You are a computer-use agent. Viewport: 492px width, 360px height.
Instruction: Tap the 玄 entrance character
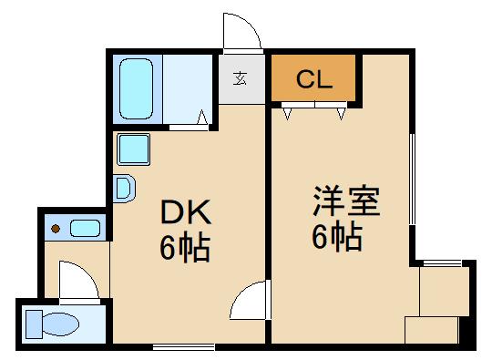[241, 78]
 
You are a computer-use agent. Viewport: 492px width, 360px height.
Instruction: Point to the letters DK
[186, 213]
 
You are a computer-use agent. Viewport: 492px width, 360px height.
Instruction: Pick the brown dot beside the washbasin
[56, 228]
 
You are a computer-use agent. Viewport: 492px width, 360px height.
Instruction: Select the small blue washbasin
[85, 228]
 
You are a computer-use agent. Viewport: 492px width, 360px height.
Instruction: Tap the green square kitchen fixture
[133, 147]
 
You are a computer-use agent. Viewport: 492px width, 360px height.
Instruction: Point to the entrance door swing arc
[242, 34]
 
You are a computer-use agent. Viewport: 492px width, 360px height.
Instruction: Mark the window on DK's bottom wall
[183, 345]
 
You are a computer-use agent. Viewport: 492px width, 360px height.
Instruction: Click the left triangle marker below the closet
[288, 114]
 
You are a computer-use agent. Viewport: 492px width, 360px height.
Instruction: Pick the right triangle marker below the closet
[341, 114]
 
